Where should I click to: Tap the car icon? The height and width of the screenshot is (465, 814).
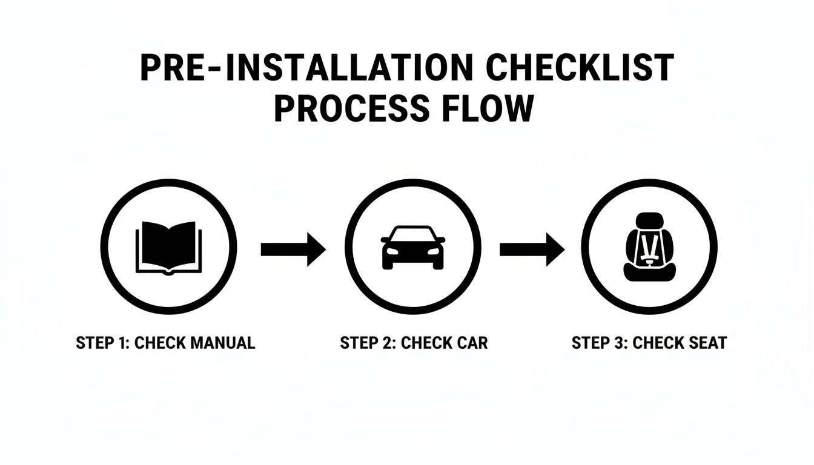click(x=413, y=248)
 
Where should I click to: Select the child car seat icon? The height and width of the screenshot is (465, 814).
click(x=649, y=247)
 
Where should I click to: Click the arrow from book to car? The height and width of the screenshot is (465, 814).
click(x=293, y=249)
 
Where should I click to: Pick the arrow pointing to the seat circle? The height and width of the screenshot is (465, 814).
click(x=532, y=249)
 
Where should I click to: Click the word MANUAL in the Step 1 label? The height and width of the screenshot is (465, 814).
click(x=223, y=343)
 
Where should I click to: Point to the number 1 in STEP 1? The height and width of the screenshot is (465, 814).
click(x=121, y=343)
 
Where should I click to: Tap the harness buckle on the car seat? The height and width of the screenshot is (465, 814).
click(x=649, y=262)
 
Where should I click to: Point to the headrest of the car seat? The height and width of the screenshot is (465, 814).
click(x=649, y=222)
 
